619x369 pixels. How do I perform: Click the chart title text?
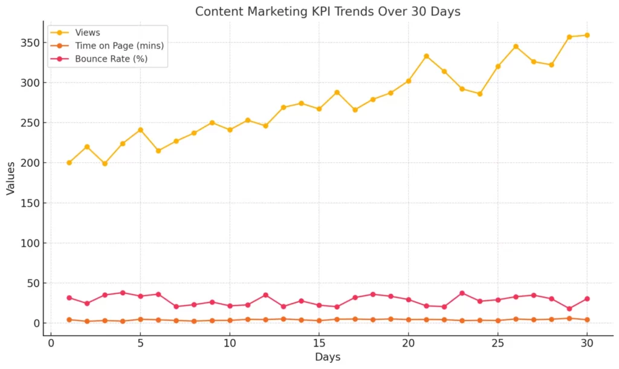click(x=328, y=11)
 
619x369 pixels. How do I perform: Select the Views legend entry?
click(x=75, y=33)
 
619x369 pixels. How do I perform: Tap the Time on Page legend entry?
click(x=107, y=45)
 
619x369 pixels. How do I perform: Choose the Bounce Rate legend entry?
click(x=99, y=59)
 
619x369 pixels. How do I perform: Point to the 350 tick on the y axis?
click(x=30, y=43)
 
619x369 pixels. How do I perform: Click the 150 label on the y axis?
click(x=30, y=203)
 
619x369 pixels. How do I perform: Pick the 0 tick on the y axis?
click(x=37, y=323)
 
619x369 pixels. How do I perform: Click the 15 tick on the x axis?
click(x=319, y=344)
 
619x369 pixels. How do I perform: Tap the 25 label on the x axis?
click(x=498, y=344)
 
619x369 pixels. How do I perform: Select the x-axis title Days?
click(x=328, y=357)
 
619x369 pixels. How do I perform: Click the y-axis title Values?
click(x=10, y=178)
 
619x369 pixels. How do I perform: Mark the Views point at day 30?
click(x=587, y=35)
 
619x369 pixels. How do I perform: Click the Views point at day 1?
click(x=69, y=163)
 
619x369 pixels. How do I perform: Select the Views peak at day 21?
click(x=426, y=56)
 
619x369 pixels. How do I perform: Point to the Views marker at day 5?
click(x=140, y=130)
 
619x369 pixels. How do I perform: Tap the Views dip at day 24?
click(x=480, y=94)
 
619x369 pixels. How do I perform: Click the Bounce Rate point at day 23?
click(x=462, y=293)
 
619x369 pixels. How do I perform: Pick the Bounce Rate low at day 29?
click(x=569, y=309)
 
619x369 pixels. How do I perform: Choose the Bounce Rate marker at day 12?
click(x=266, y=295)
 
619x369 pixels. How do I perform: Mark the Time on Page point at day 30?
click(x=587, y=319)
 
